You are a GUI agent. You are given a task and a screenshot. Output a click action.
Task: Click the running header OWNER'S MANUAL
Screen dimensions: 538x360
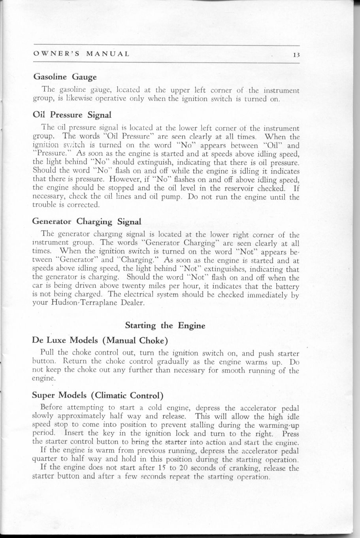(x=81, y=54)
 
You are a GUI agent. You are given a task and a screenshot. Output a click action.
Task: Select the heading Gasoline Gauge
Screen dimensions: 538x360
(x=65, y=76)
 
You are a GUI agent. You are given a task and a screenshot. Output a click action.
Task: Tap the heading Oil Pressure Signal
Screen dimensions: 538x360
(x=73, y=115)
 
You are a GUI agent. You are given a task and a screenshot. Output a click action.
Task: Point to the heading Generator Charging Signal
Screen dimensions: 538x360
(x=87, y=221)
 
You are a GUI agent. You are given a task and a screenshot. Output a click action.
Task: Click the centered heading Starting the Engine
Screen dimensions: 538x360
(x=165, y=326)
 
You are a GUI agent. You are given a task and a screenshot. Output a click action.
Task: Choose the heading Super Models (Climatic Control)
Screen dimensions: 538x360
(x=98, y=395)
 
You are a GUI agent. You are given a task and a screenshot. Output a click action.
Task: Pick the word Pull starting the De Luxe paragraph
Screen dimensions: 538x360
(x=48, y=353)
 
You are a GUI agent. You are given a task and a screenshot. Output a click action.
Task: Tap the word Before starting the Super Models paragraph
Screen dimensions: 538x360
(x=51, y=408)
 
